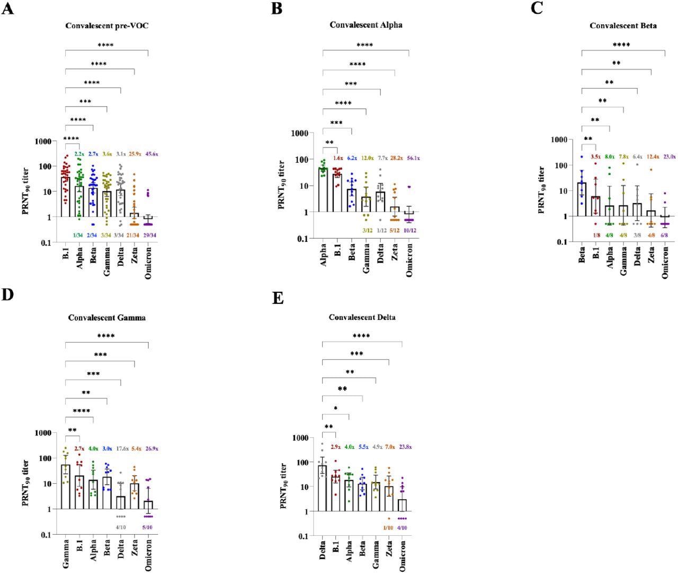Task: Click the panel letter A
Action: [7, 9]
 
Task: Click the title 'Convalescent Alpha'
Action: [365, 25]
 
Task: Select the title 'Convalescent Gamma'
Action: [106, 318]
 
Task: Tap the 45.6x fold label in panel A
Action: [148, 154]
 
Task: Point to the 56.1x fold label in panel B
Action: [409, 158]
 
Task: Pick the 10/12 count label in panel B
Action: [409, 231]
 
